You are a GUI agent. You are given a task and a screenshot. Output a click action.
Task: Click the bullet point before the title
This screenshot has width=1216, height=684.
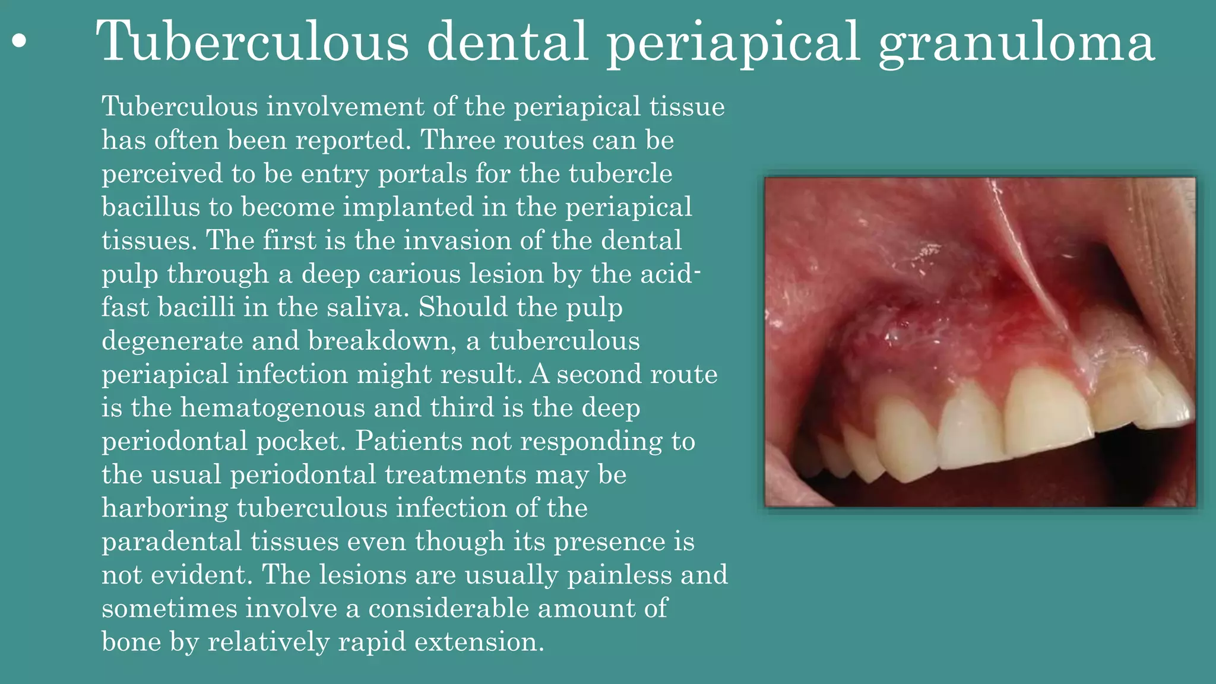(x=20, y=42)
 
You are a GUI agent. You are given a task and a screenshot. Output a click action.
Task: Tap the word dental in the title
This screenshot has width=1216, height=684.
(x=508, y=42)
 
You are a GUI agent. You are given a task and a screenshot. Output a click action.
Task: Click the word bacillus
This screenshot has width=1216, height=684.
(x=151, y=207)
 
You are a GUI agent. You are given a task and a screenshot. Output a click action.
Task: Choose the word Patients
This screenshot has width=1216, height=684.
(x=401, y=441)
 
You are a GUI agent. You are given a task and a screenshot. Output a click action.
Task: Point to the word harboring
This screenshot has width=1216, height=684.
(x=164, y=508)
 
